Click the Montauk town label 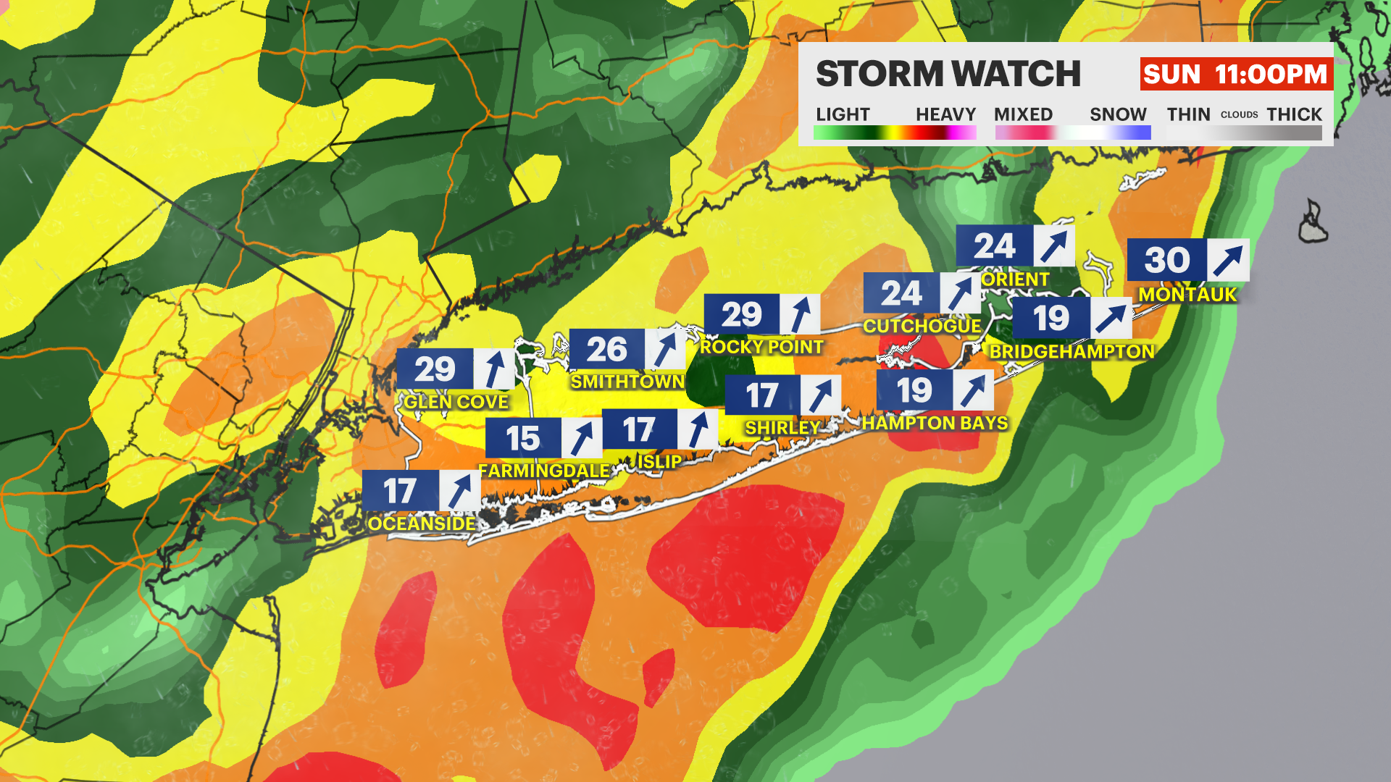point(1187,295)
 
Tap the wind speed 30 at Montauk point(1167,260)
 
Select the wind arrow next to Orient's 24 point(1054,246)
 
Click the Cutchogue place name point(922,327)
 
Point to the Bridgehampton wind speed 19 point(1051,319)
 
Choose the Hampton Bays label point(935,424)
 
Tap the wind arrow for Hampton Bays point(973,391)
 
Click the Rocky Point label point(761,348)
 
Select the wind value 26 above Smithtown point(606,350)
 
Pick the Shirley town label point(782,428)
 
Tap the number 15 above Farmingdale point(522,439)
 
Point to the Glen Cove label point(456,403)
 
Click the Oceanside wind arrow point(460,491)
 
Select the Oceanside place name point(422,524)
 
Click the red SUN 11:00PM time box point(1236,75)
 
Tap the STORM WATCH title point(948,74)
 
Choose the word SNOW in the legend point(1118,115)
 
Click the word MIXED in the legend point(1023,115)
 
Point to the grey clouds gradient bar point(1244,133)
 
